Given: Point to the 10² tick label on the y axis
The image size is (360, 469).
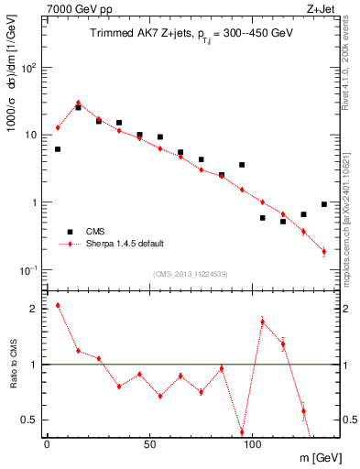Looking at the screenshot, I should pyautogui.click(x=28, y=68).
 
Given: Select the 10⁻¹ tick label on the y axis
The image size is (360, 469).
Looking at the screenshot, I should pyautogui.click(x=28, y=270).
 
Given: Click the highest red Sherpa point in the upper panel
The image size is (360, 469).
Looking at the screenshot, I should pyautogui.click(x=78, y=103).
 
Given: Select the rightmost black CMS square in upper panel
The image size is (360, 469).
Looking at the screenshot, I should pyautogui.click(x=324, y=204).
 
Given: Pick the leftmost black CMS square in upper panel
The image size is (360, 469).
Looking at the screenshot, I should pyautogui.click(x=58, y=149).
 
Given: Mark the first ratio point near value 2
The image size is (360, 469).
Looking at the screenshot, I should pyautogui.click(x=58, y=305).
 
